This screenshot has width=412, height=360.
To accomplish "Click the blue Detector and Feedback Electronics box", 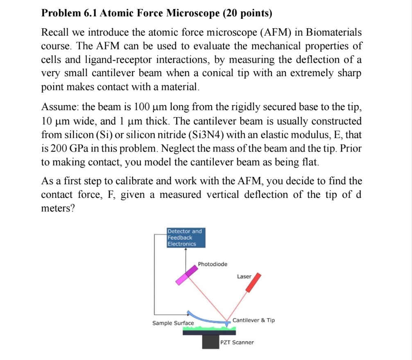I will [x=186, y=238].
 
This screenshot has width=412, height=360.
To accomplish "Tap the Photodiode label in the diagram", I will [x=213, y=264].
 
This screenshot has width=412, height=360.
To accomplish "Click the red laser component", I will [x=254, y=283].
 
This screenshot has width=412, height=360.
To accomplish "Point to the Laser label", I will [x=244, y=276].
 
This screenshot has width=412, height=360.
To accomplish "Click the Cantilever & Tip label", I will [x=254, y=320].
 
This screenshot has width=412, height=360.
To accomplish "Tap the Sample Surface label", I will [x=173, y=323].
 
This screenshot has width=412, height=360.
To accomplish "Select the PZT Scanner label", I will [x=237, y=342].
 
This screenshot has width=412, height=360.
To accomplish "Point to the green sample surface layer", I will [x=205, y=328].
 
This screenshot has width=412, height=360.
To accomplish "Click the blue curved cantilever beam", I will [x=205, y=319].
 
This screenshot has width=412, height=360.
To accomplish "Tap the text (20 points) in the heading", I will [x=247, y=14].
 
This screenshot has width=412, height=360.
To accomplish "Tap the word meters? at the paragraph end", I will [x=58, y=208].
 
